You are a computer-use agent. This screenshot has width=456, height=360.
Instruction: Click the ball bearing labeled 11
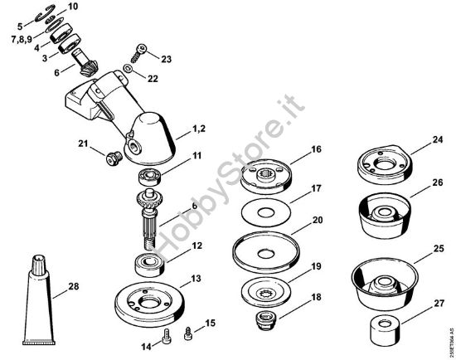pyautogui.click(x=150, y=175)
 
